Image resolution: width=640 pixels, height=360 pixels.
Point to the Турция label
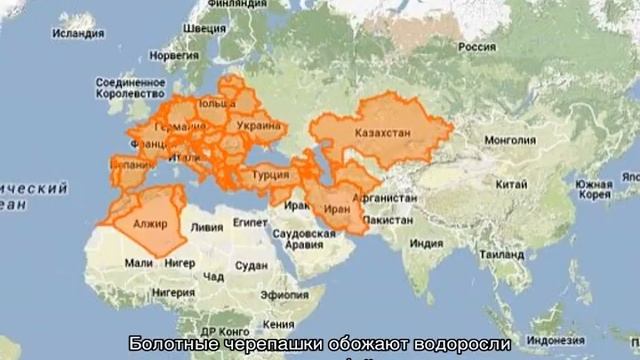tap(271, 174)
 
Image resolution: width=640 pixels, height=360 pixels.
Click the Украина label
tap(258, 127)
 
